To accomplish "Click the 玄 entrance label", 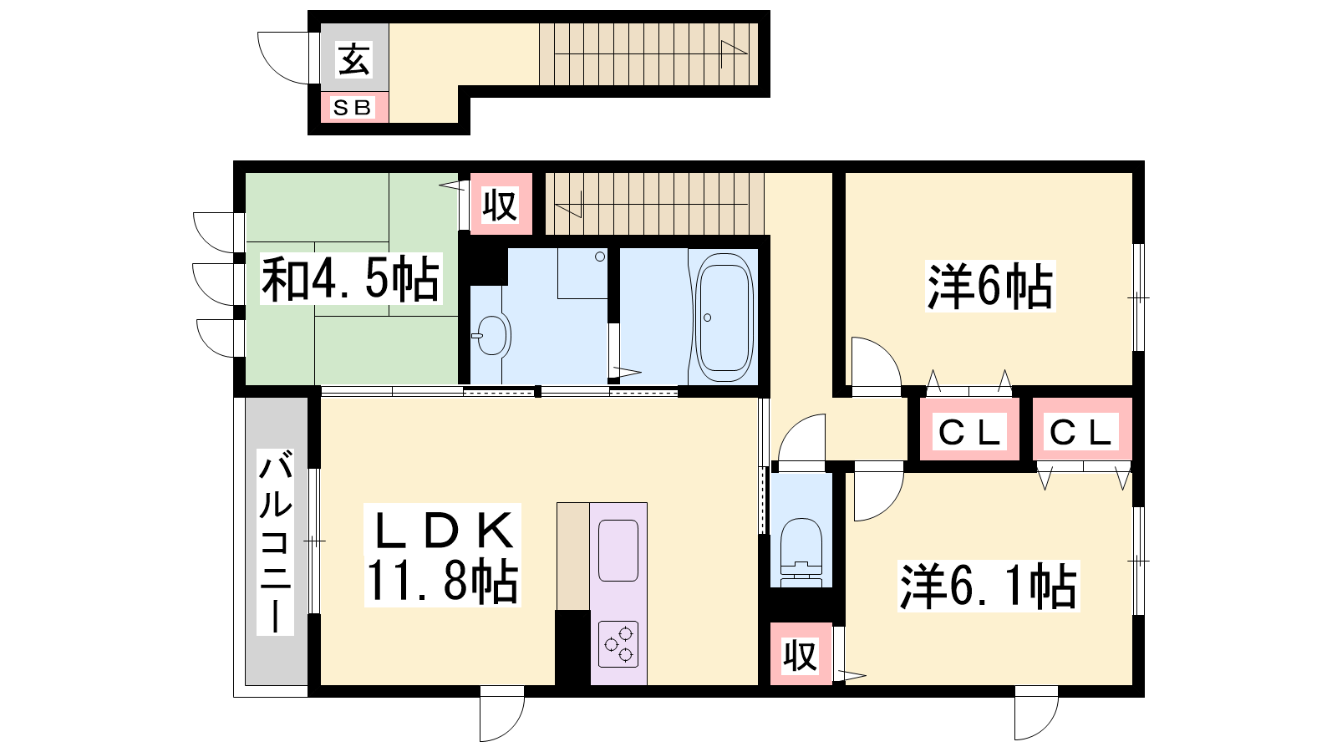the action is pos(354,59).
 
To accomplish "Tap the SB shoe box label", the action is pos(353,108).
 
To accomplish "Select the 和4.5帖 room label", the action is pos(351,278).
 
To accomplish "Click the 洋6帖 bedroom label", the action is pos(990,286).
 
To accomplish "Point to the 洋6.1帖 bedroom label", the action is pos(989,586).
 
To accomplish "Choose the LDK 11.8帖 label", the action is pos(442,556).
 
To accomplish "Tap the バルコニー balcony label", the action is pos(275,542).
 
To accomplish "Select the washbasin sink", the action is pos(492,335).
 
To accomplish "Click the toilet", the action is pos(801,552).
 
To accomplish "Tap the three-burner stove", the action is pos(618,644).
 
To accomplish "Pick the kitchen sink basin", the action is pos(618,551).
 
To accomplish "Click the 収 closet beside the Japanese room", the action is pos(501,204).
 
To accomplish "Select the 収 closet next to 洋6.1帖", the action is pos(801,654).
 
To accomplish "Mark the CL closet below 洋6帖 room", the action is pos(969,431).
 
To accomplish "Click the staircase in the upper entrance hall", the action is pos(648,54).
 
